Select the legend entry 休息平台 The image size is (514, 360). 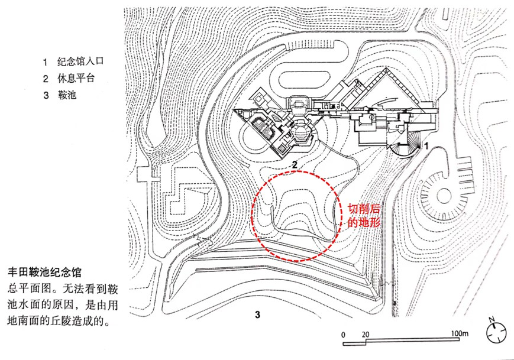(76, 78)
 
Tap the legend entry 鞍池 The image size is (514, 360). (68, 95)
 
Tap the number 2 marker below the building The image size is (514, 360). (293, 164)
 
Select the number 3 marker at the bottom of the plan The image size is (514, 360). (257, 313)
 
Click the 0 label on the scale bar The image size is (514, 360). (343, 334)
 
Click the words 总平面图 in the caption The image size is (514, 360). (29, 290)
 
